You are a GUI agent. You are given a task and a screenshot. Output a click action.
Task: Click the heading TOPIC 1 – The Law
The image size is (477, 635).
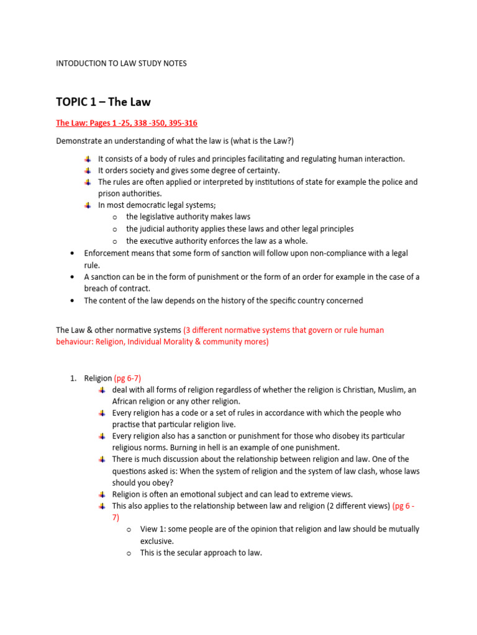103,102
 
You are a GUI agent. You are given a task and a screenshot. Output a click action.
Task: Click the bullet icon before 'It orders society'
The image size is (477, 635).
89,171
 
